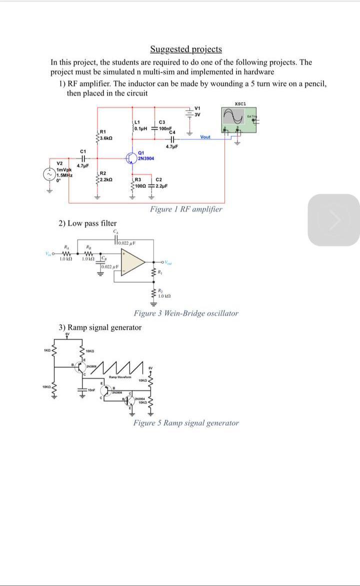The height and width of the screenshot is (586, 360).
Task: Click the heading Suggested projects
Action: tap(186, 49)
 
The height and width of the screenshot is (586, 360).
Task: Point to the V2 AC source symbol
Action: tap(50, 174)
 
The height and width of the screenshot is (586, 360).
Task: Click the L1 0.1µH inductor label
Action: tap(141, 126)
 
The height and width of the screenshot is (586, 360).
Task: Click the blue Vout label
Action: tap(205, 137)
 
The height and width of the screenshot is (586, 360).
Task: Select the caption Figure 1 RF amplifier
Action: tap(186, 209)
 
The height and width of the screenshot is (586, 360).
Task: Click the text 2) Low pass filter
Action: tap(88, 223)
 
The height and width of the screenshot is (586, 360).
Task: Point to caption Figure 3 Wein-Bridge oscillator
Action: tap(186, 313)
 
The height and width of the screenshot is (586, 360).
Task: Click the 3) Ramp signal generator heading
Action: tap(100, 327)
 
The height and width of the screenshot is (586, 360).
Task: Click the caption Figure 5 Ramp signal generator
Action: tap(186, 423)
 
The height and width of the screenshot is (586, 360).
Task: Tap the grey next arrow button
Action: tap(333, 220)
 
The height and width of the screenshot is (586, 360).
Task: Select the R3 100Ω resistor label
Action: tap(141, 183)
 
